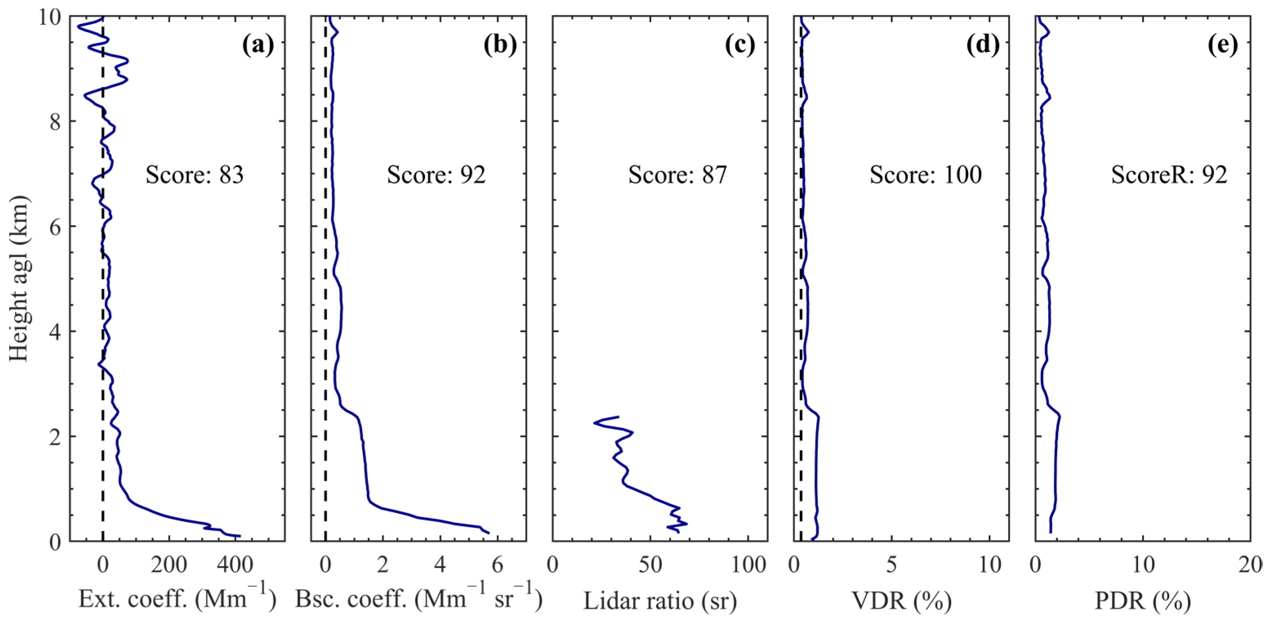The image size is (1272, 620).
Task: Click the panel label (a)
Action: click(x=258, y=45)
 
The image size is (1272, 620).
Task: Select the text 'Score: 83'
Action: click(x=194, y=175)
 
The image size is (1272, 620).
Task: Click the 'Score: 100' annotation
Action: click(x=925, y=175)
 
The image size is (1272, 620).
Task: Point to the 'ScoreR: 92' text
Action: click(x=1169, y=175)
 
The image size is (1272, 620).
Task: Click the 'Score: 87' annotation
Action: click(x=677, y=175)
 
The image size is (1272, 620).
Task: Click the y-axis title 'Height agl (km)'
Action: click(x=20, y=279)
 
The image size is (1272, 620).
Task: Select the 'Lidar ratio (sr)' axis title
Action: click(x=660, y=601)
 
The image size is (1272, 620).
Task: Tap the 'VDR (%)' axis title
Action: click(x=902, y=601)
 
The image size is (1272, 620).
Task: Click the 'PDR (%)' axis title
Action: click(x=1143, y=601)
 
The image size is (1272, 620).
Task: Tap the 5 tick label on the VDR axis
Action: click(x=891, y=565)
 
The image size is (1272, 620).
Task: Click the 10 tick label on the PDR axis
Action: click(x=1143, y=565)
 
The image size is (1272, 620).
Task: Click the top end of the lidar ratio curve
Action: click(x=618, y=417)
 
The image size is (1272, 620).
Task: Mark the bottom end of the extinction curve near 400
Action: click(x=240, y=536)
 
